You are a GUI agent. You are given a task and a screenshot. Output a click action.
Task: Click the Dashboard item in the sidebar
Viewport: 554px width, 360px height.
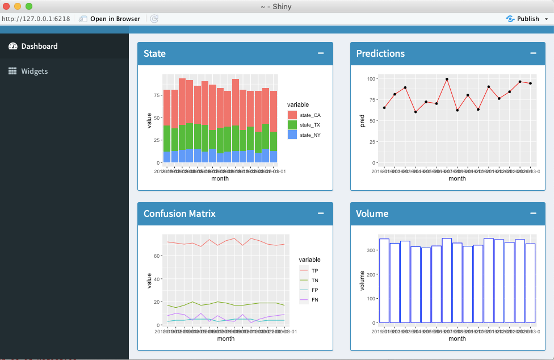pos(39,46)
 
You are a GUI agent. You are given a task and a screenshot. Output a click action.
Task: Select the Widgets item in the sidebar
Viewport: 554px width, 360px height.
pos(34,71)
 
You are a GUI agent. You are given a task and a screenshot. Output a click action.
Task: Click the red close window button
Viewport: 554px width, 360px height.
pos(6,6)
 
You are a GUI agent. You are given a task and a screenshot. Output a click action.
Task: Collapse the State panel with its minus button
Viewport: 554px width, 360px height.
pos(321,53)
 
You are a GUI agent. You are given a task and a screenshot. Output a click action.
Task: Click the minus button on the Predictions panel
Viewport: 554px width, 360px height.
pos(533,53)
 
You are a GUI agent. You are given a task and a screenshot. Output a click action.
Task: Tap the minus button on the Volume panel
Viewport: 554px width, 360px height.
pos(533,214)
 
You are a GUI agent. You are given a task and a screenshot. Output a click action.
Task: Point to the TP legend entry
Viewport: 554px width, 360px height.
pos(314,270)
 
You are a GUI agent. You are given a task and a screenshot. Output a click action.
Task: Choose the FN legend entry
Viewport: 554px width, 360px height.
pos(314,299)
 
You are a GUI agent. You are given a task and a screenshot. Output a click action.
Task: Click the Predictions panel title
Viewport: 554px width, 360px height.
pos(380,53)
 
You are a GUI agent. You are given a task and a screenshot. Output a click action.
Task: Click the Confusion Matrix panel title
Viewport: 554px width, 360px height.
pos(179,214)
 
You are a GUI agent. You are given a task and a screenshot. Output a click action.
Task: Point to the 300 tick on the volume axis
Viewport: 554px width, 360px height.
pos(370,250)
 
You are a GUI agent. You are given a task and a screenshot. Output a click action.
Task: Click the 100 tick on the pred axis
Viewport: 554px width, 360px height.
pos(371,78)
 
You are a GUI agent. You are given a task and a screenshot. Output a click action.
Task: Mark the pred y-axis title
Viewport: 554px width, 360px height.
pos(362,120)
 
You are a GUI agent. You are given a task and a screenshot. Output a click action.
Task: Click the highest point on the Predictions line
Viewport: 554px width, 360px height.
pos(447,79)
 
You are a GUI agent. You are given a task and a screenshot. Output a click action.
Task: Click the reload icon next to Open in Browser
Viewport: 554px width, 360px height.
pos(154,19)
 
